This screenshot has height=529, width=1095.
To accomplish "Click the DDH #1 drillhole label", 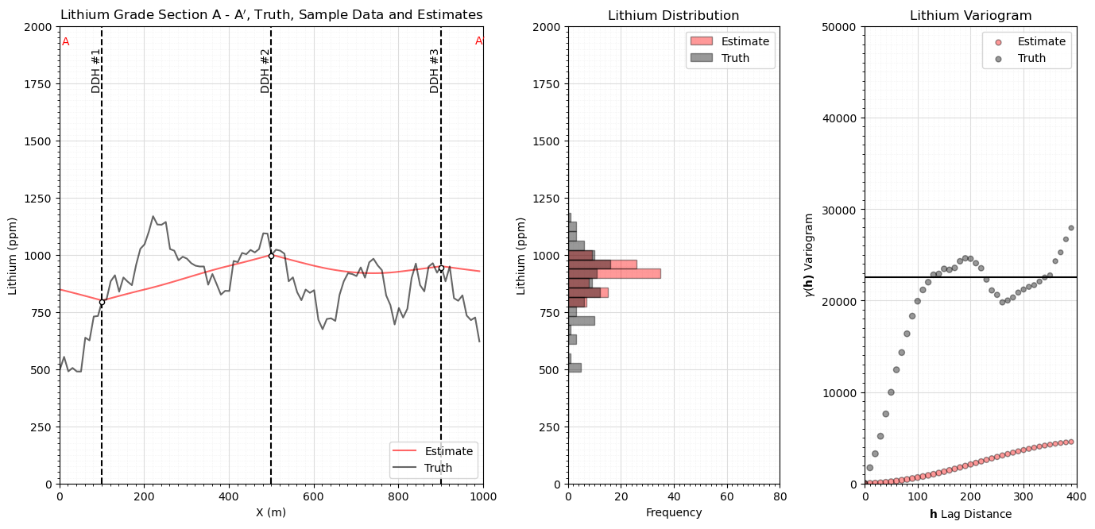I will (x=96, y=71).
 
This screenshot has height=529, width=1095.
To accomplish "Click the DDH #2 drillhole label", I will (x=265, y=71).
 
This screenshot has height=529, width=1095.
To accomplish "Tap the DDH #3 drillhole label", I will (x=435, y=71).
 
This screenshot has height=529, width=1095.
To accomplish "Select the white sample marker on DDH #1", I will (x=102, y=302).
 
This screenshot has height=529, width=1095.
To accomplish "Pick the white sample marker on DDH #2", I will (x=271, y=256).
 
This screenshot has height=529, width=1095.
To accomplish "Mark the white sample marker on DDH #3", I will (x=441, y=268).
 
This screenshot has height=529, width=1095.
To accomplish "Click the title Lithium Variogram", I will (x=970, y=16).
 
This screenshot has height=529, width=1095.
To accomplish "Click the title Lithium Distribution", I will (x=673, y=16).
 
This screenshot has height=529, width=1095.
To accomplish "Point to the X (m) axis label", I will (x=271, y=512).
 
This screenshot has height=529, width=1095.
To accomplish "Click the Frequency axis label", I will (x=673, y=512).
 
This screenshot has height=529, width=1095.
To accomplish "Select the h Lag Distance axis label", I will (x=970, y=514).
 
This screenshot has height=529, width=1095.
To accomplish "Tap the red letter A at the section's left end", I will (x=65, y=42).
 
